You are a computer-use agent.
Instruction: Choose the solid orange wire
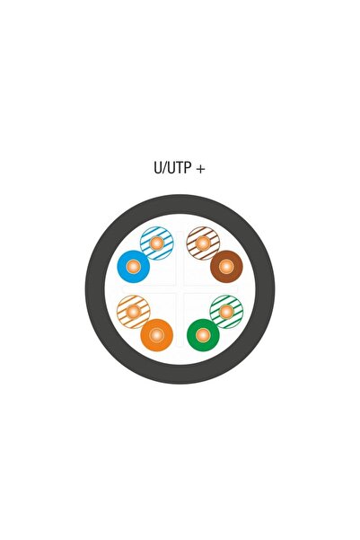pos(156,335)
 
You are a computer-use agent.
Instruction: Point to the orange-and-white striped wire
pos(134,312)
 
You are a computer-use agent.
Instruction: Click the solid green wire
pos(203,335)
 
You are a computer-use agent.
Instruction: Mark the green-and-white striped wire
pos(226,312)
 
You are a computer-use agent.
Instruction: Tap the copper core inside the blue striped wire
pos(157,243)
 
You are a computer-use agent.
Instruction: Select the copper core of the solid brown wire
pos(226,267)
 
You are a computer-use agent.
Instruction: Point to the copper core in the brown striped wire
pos(203,243)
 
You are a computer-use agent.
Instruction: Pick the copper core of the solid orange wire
pos(156,335)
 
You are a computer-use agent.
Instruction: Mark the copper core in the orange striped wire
pos(134,312)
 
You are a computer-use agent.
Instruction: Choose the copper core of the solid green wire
pos(203,335)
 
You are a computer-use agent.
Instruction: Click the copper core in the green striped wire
pos(226,312)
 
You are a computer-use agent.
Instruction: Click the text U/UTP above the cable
pos(172,168)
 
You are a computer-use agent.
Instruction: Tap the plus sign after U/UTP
pos(200,169)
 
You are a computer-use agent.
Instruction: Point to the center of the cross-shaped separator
pos(180,289)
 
